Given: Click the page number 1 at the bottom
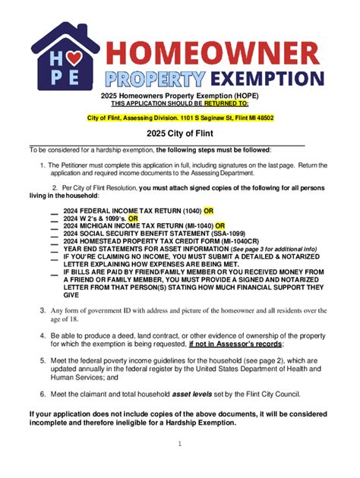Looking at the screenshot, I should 179,444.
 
